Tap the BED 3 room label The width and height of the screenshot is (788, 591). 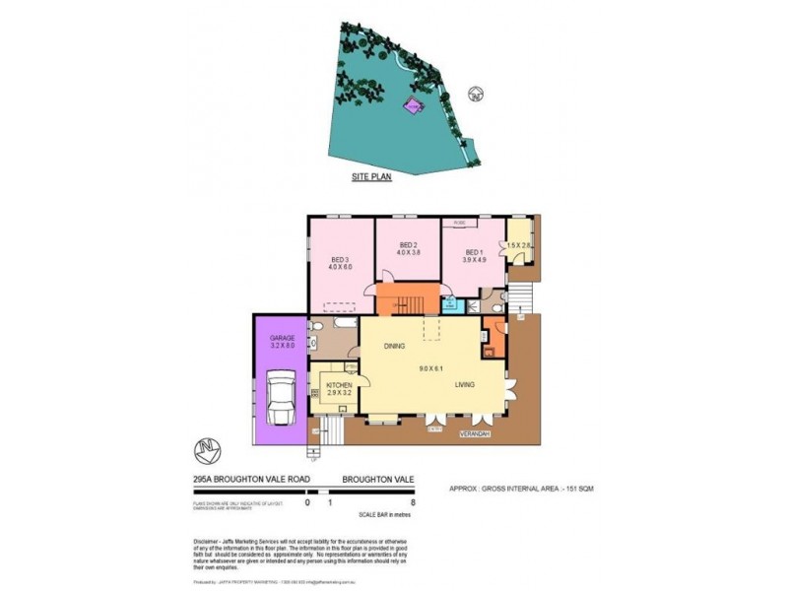[339, 261]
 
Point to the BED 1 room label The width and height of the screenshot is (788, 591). [475, 251]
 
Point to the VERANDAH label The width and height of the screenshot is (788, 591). [474, 432]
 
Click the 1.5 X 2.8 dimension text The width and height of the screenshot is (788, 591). [519, 244]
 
